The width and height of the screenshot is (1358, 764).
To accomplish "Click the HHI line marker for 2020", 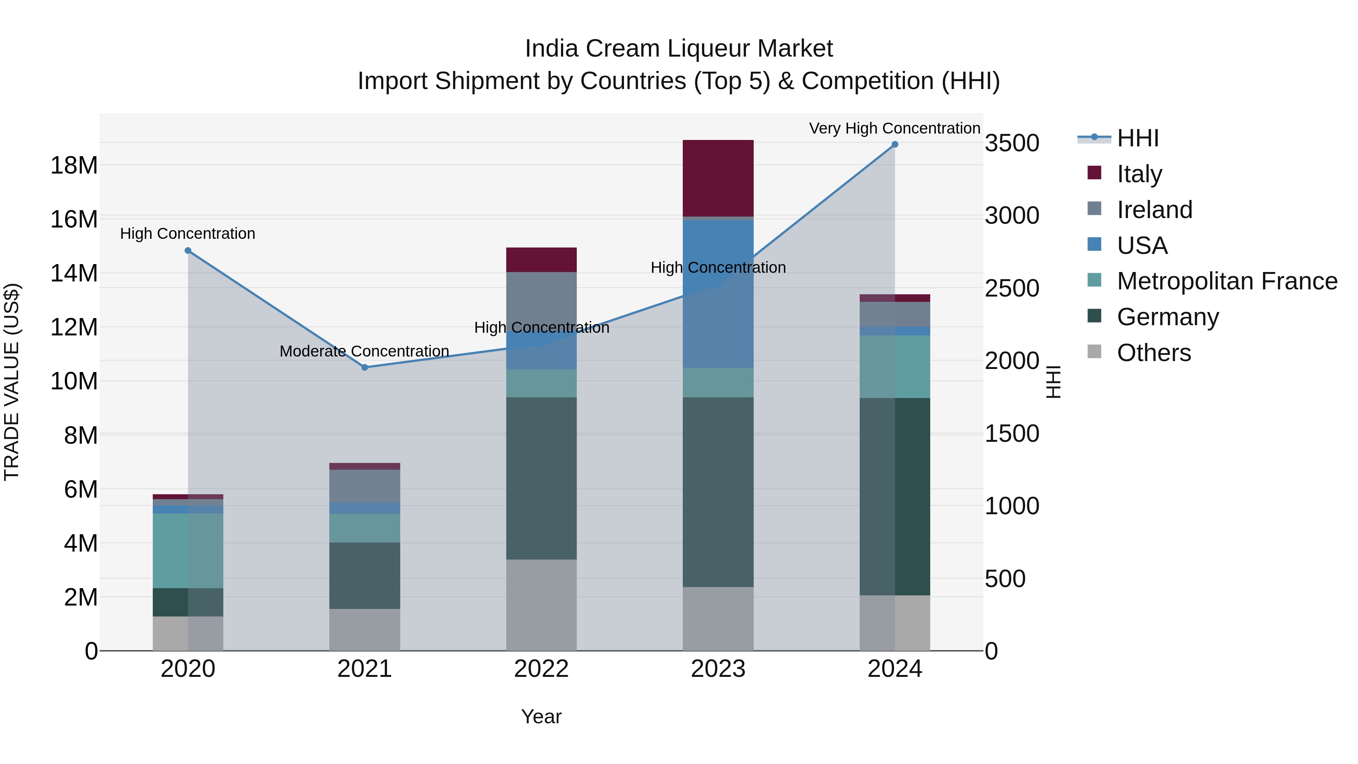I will tap(188, 251).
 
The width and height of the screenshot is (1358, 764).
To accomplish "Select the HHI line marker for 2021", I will tap(364, 367).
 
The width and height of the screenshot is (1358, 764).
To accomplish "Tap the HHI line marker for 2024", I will tap(895, 144).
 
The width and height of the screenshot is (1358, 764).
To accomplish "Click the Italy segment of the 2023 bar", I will tap(718, 178).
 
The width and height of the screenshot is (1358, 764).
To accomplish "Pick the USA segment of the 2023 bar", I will tap(718, 294).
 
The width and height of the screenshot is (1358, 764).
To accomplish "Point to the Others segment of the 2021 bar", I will tap(364, 630).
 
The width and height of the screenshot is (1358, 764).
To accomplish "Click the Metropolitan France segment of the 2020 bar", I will tap(188, 550).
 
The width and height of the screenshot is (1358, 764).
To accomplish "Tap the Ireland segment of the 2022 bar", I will tap(541, 295).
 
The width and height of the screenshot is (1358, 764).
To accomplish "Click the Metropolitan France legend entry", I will tap(1226, 281).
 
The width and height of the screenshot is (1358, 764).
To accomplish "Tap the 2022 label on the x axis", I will tap(541, 669).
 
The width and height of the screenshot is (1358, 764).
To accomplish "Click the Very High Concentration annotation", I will tap(895, 128).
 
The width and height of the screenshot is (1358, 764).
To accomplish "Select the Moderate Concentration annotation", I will tap(364, 351).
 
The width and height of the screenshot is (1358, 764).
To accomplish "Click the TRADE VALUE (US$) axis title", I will tap(12, 382).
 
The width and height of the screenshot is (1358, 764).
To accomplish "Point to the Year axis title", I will tap(541, 716).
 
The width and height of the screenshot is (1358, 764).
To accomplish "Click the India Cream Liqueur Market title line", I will tap(679, 49).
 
